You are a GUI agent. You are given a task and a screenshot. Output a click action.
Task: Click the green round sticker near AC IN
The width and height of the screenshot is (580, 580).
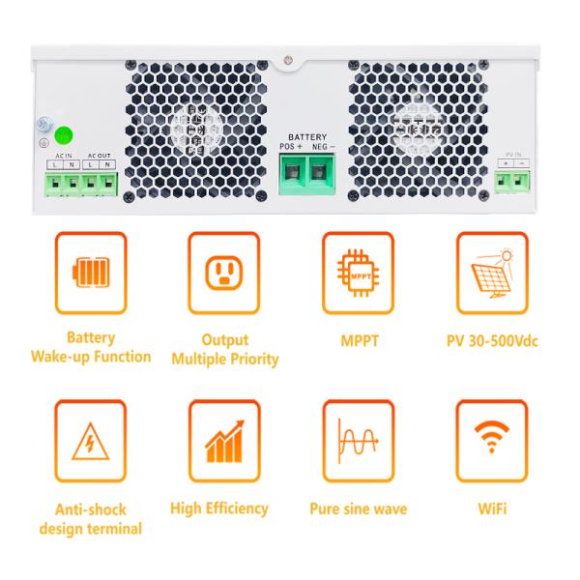click(x=64, y=135)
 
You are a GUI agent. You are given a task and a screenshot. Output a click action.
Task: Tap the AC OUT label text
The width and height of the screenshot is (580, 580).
click(x=99, y=155)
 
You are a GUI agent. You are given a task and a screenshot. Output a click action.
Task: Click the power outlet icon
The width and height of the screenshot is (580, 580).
click(x=224, y=273)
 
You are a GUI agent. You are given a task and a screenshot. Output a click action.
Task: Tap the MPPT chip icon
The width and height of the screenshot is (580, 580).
click(x=357, y=273)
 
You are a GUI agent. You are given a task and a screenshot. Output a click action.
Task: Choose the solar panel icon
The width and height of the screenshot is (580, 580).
click(x=491, y=273)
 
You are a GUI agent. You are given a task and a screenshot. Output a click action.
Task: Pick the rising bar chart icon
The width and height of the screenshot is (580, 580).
click(x=224, y=441)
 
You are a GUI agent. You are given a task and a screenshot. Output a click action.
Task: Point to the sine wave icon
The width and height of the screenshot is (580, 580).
click(x=357, y=441)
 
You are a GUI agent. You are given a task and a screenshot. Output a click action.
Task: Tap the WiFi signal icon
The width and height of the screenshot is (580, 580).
click(x=491, y=441)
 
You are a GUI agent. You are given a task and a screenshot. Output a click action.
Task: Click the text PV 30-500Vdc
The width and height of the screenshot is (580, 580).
click(x=491, y=339)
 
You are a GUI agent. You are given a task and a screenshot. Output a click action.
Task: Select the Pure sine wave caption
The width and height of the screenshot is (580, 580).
click(x=358, y=508)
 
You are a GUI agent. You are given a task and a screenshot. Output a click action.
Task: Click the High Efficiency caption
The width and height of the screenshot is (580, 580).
click(x=218, y=507)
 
